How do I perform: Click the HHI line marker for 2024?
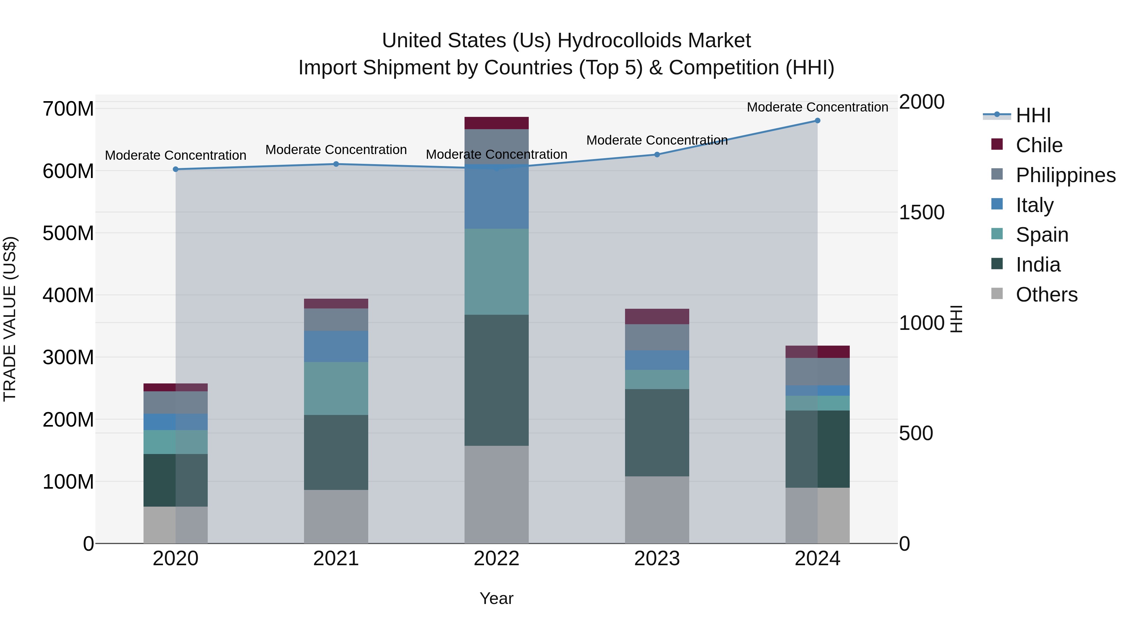coord(817,121)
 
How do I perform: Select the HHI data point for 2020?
coord(176,169)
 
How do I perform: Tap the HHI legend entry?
coord(1033,115)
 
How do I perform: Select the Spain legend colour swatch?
coord(997,234)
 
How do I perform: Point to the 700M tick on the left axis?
coord(68,109)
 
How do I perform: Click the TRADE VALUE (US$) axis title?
coord(10,319)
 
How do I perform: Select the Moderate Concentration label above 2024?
coord(817,107)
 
